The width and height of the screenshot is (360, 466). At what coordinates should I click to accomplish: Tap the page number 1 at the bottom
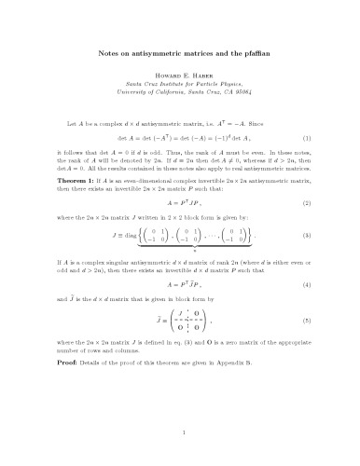(x=180, y=432)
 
